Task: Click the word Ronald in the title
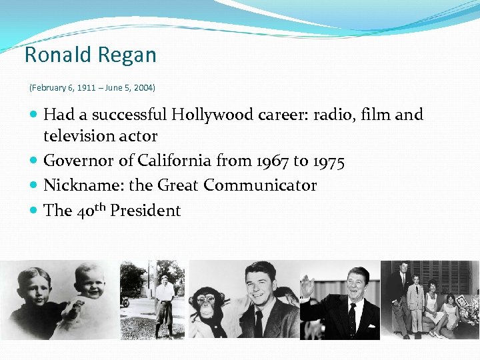(56, 55)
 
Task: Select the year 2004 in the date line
(143, 87)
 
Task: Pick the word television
(78, 136)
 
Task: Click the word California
(175, 161)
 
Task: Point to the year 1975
(328, 161)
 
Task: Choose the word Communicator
(260, 185)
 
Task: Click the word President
(145, 211)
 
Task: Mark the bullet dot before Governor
(34, 161)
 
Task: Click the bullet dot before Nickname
(34, 185)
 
